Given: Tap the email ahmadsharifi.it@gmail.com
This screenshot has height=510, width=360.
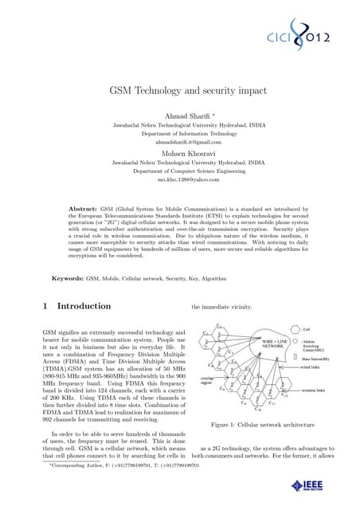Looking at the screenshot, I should point(180,142).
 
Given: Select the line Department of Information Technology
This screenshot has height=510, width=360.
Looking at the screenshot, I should point(180,134).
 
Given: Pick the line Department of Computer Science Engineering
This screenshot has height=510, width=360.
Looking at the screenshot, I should point(180,171).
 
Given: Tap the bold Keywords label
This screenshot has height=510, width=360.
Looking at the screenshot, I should point(68,279).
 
